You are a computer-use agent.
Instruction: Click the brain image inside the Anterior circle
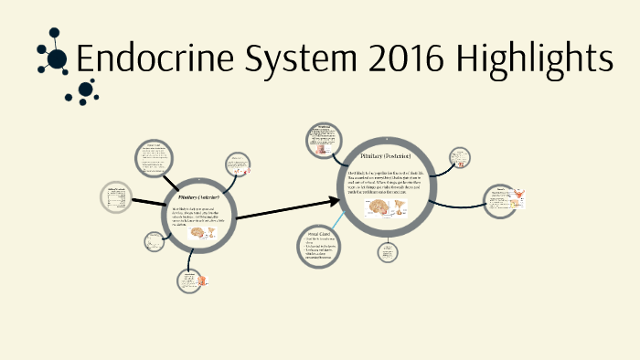(197, 233)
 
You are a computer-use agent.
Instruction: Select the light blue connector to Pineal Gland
(336, 220)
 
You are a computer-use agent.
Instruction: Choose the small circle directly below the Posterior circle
(387, 252)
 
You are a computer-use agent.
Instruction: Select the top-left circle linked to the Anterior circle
(153, 157)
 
